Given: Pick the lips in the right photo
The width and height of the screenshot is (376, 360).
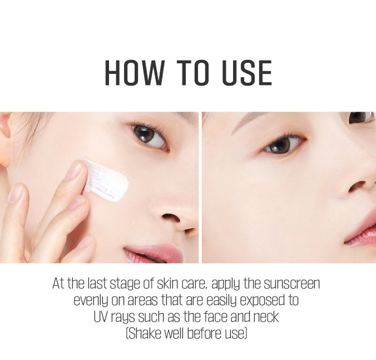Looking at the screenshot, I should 362,231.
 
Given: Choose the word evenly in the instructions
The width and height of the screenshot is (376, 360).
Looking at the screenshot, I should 90,301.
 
